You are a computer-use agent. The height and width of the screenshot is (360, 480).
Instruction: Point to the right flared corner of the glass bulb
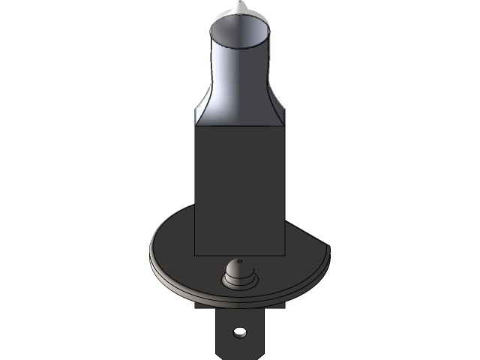[281, 116]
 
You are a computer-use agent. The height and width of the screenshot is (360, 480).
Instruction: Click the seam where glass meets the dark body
[240, 126]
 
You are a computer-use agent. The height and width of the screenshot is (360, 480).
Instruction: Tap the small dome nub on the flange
[238, 269]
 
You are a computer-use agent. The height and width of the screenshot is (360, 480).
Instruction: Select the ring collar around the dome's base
[238, 282]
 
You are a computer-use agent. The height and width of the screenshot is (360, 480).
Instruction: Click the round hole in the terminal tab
[239, 331]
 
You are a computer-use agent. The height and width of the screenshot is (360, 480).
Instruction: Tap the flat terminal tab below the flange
[225, 337]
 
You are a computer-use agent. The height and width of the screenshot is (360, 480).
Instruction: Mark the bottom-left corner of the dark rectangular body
[195, 253]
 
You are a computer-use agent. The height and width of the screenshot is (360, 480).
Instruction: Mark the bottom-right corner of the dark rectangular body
[286, 253]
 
